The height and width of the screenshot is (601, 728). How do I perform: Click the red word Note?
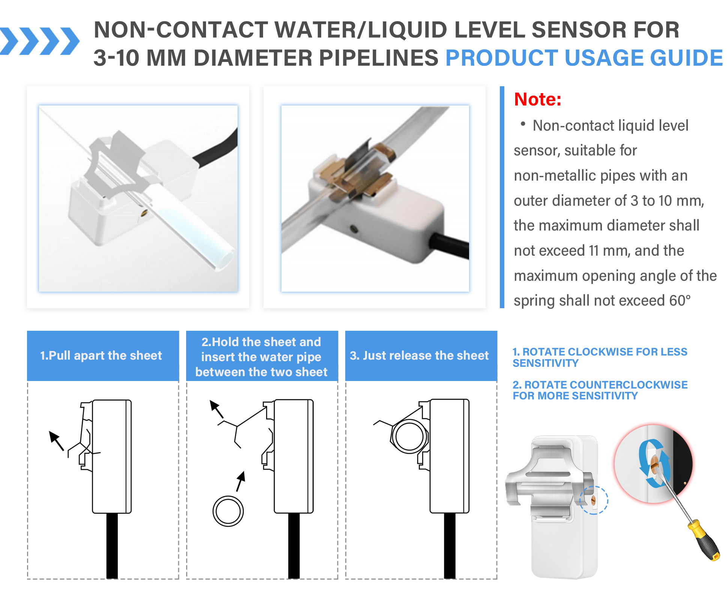coord(537,99)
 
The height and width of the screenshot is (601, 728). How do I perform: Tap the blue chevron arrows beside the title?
coord(40,41)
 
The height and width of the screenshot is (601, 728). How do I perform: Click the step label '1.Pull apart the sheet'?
coord(101,355)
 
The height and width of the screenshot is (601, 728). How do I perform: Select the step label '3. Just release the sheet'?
coord(419,355)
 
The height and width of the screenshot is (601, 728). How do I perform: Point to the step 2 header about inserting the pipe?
coord(262,357)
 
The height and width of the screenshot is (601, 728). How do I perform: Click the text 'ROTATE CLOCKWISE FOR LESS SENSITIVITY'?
coord(600,357)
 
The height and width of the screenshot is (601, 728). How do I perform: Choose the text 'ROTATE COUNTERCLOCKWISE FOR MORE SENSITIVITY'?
coord(600,390)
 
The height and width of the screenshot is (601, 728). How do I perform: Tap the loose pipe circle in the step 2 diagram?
coord(228,511)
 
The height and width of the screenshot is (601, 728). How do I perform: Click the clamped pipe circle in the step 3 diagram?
coord(409,437)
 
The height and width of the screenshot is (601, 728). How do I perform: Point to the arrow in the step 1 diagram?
coord(56,441)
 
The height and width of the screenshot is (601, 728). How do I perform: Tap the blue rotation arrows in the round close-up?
coord(654,464)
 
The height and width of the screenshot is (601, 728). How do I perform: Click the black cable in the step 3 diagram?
coord(450,546)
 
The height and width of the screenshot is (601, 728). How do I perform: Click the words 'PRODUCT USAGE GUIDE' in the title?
coord(584,58)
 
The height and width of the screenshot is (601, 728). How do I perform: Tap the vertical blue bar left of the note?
coord(502,197)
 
